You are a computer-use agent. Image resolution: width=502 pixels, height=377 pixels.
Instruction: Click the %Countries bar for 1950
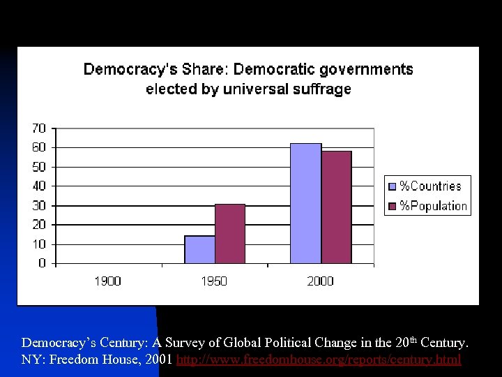pyautogui.click(x=199, y=249)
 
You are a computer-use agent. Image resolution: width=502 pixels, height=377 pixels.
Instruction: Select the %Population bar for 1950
pyautogui.click(x=230, y=234)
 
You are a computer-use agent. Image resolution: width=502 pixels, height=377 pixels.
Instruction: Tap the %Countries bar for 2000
pyautogui.click(x=305, y=203)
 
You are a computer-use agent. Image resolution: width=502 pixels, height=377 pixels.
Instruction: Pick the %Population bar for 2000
pyautogui.click(x=336, y=207)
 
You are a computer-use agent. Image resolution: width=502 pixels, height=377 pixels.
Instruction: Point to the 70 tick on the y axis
pyautogui.click(x=39, y=128)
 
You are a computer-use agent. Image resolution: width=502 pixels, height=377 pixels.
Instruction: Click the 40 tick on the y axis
pyautogui.click(x=39, y=186)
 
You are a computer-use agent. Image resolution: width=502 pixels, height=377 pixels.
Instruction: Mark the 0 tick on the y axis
pyautogui.click(x=43, y=264)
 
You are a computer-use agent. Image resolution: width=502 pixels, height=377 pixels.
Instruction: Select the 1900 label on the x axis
pyautogui.click(x=107, y=281)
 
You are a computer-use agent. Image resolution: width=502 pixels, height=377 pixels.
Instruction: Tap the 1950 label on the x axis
pyautogui.click(x=214, y=281)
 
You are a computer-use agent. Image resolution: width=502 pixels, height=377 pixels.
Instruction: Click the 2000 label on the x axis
pyautogui.click(x=320, y=281)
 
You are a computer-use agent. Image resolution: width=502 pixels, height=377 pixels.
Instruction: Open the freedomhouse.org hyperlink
pyautogui.click(x=319, y=360)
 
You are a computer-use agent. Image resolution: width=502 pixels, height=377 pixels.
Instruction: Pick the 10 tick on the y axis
pyautogui.click(x=39, y=244)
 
